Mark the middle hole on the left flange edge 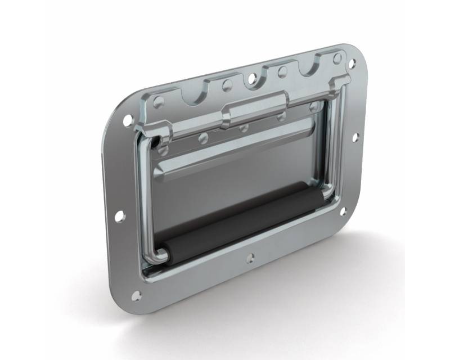[120, 215]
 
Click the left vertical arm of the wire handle [142, 197]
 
